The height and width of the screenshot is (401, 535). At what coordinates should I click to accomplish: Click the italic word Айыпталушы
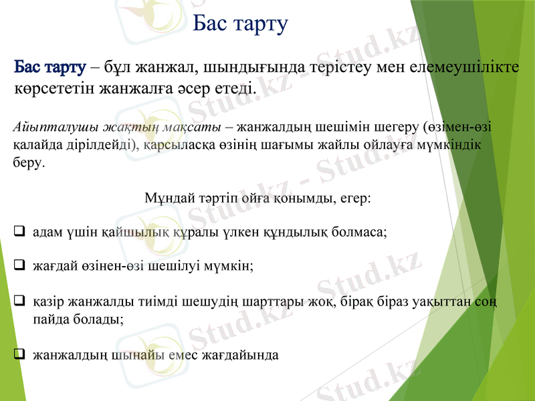coord(49,126)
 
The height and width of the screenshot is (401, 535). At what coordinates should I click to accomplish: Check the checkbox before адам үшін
coord(19,232)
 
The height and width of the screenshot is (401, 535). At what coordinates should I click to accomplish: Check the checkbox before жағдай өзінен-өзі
coord(19,265)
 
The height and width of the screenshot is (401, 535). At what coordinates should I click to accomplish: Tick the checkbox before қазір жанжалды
coord(19,301)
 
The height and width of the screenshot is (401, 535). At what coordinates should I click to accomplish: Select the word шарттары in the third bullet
coord(261,302)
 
